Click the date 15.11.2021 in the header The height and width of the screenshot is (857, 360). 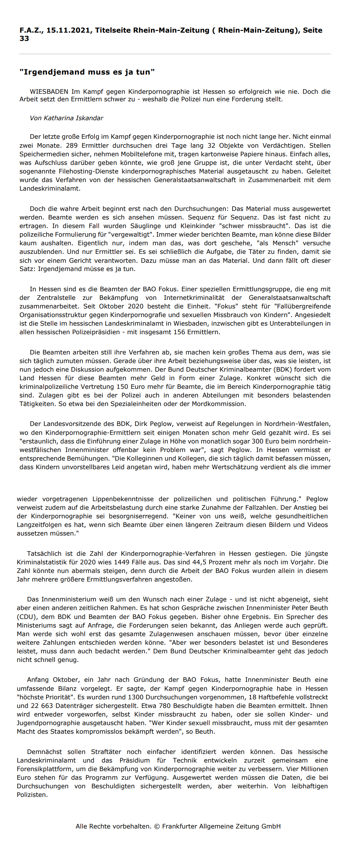[x=68, y=30]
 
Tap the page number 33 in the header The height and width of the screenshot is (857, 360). [x=24, y=38]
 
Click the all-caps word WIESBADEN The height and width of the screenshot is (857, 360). [x=49, y=92]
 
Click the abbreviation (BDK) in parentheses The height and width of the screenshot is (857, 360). [x=283, y=370]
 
